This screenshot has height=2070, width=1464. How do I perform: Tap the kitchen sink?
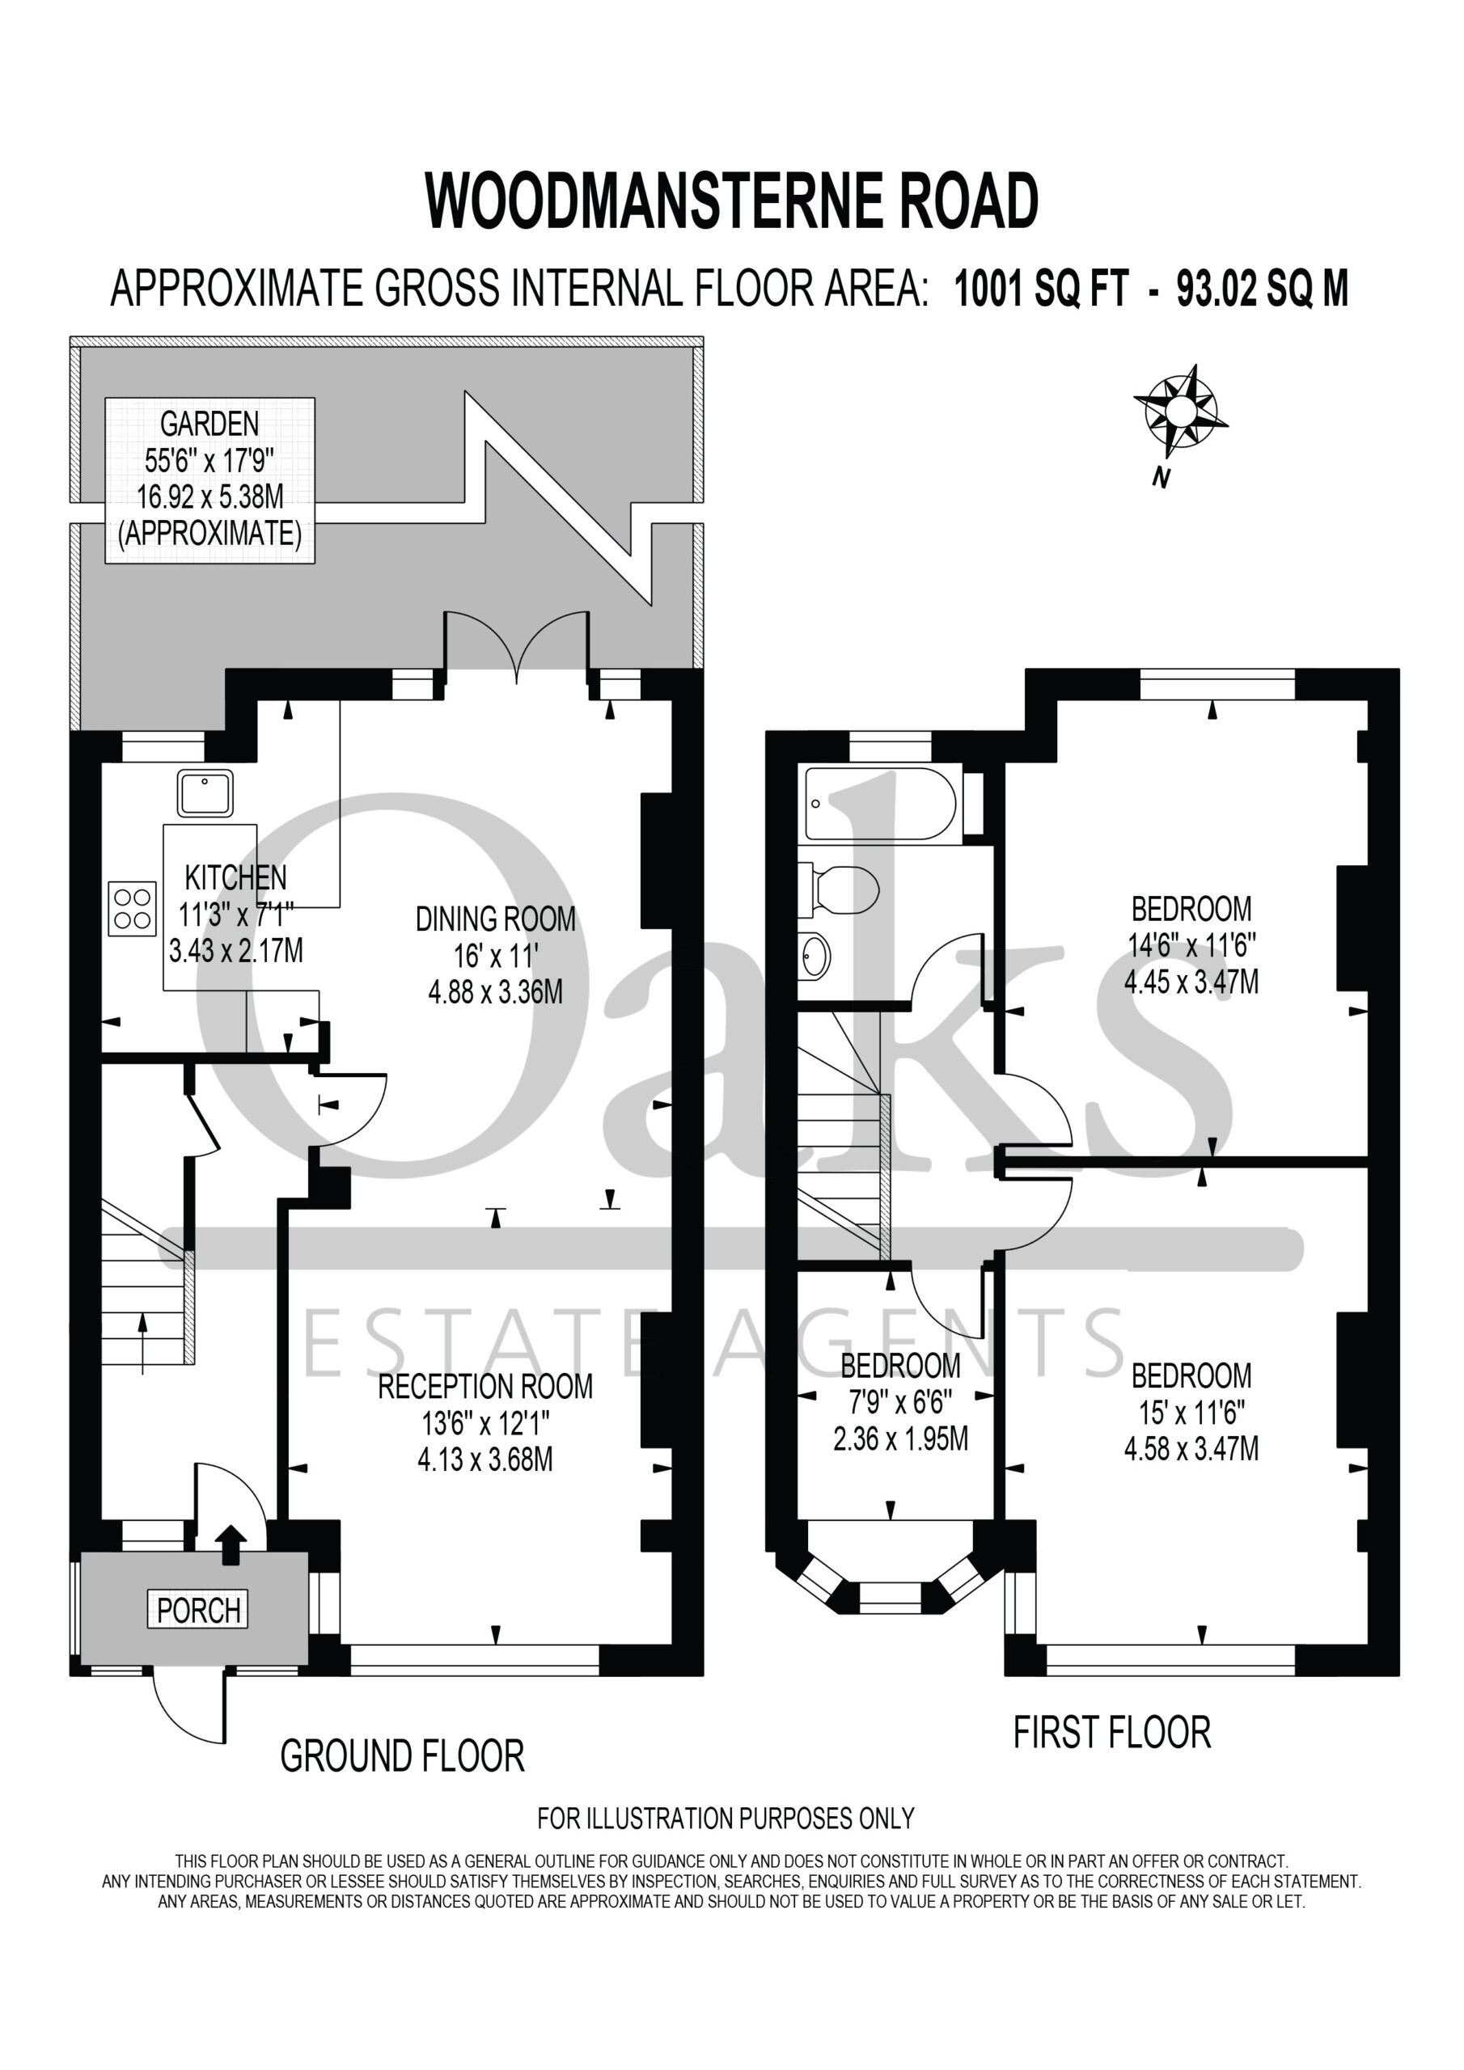[x=205, y=792]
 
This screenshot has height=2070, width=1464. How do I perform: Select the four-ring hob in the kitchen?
[x=133, y=908]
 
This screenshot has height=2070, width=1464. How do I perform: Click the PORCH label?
[x=198, y=1609]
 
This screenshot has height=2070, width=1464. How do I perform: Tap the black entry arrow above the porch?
[x=232, y=1545]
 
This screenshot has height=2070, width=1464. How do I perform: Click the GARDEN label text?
[x=209, y=423]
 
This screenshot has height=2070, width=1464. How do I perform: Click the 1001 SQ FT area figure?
[x=1041, y=290]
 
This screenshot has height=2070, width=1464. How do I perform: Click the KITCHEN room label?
[x=235, y=877]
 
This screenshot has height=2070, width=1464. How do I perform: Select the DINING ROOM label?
[x=495, y=919]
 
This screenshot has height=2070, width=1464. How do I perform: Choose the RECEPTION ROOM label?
[x=485, y=1387]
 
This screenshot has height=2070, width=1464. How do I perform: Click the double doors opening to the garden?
[x=516, y=644]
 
